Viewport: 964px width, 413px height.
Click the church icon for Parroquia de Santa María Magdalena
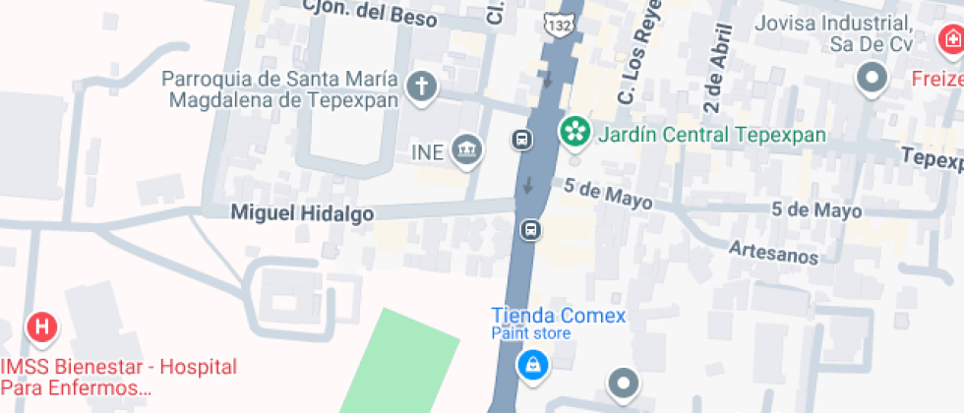[422, 87]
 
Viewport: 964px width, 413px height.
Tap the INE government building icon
[467, 151]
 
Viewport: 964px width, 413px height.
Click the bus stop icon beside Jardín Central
[521, 139]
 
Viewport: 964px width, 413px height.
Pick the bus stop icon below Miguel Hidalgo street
[530, 230]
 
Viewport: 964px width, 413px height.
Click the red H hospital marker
[42, 327]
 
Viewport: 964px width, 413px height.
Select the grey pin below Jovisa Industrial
[872, 76]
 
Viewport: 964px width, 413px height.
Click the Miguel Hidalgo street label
[301, 212]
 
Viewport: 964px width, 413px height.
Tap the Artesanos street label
[773, 252]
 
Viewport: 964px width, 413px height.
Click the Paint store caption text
[530, 333]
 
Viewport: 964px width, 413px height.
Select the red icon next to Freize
[950, 39]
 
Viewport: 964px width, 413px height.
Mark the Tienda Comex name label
[558, 316]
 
